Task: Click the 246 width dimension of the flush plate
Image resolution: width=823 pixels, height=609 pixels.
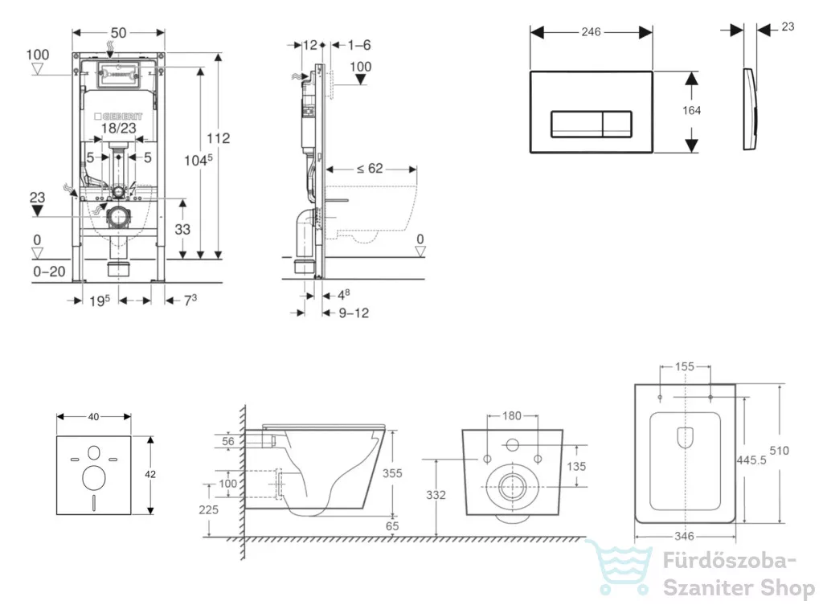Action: [x=591, y=32]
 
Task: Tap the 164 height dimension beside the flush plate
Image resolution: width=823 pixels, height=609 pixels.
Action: [x=691, y=110]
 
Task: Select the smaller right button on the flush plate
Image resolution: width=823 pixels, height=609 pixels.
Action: [x=616, y=125]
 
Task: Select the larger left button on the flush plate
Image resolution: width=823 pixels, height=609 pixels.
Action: [x=576, y=125]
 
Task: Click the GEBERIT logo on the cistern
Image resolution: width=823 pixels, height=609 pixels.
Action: [x=119, y=116]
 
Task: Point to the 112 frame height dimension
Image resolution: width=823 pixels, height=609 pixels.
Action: [x=218, y=138]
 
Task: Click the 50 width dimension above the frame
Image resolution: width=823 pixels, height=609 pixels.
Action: [x=119, y=32]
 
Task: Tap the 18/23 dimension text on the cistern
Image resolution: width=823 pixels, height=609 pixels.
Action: [x=119, y=129]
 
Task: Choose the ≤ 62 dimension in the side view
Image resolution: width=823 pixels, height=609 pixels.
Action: [x=370, y=169]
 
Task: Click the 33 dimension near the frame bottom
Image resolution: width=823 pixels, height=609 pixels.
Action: [x=182, y=229]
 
